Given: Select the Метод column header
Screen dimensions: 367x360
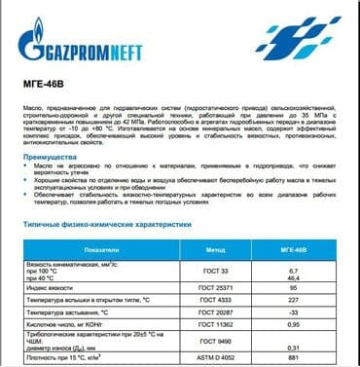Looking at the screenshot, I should pyautogui.click(x=216, y=248).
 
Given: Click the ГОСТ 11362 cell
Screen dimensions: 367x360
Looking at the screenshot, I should pyautogui.click(x=216, y=329).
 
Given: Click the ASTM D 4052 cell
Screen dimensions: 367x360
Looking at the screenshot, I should pyautogui.click(x=216, y=360).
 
